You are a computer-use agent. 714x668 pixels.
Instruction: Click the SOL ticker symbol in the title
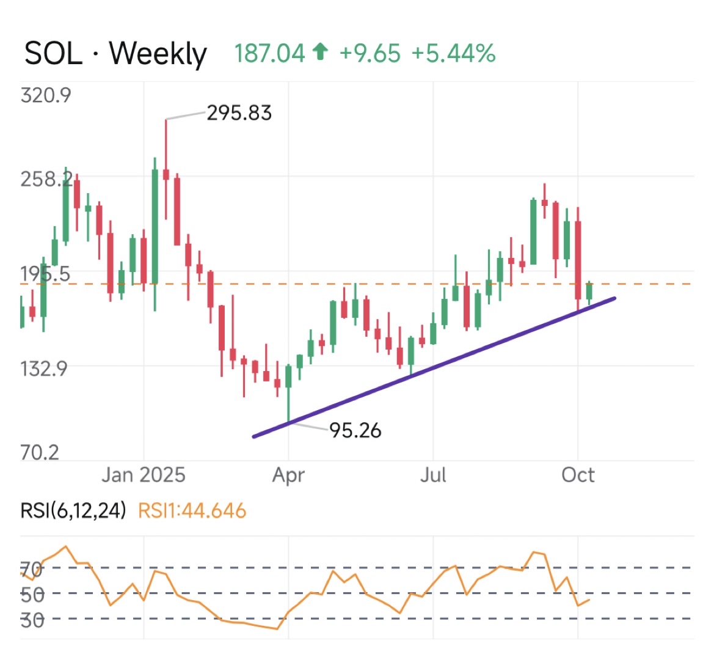coord(53,54)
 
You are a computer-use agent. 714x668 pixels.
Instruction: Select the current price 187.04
coord(269,54)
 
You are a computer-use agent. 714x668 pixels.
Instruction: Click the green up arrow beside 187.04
coord(320,53)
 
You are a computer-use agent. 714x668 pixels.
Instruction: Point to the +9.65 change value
coord(370,54)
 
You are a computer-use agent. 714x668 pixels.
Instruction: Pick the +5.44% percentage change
coord(453,54)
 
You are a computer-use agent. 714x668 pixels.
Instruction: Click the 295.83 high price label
coord(239,113)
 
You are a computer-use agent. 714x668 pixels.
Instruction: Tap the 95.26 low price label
coord(355,431)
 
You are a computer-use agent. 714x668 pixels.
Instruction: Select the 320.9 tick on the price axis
coord(46,95)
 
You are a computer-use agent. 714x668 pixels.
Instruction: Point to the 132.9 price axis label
coord(44,369)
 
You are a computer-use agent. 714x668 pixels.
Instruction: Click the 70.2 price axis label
coord(40,452)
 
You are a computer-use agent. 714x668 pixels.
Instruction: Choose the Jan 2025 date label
coord(144,475)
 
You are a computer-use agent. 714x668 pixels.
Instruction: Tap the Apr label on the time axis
coord(288,475)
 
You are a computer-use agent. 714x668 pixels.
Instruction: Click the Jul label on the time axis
coord(433,475)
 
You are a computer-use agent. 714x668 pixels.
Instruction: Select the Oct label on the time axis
coord(578,475)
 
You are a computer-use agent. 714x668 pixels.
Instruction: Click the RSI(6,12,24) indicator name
coord(73,510)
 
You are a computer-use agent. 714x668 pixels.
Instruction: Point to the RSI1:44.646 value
coord(192,510)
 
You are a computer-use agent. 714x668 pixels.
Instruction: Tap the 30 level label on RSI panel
coord(32,620)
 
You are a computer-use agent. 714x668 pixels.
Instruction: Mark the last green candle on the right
coord(589,292)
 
